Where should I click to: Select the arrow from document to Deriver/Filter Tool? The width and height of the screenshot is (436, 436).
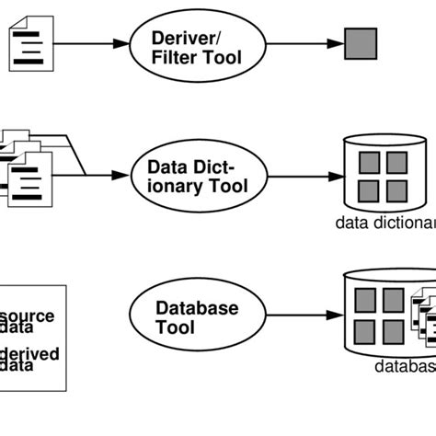pos(87,43)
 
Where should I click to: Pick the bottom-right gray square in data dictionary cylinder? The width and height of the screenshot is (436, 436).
pos(396,191)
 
